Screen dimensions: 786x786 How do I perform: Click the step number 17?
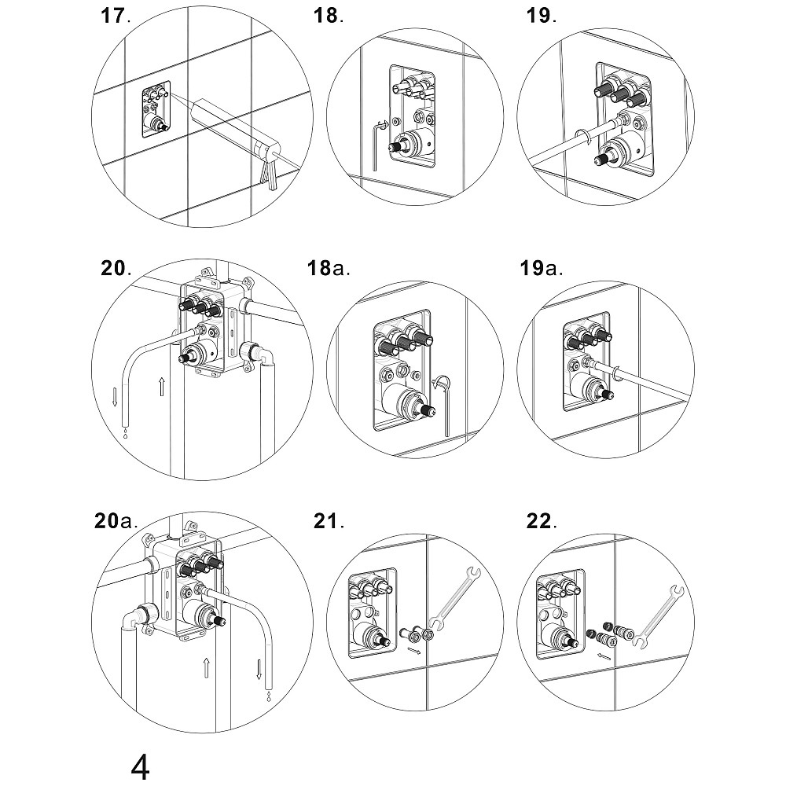pos(113,17)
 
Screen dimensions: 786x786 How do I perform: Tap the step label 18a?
pos(329,269)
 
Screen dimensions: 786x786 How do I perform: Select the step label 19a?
pos(541,269)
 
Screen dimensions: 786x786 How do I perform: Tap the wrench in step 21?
pos(453,601)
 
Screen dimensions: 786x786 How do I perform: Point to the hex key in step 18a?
pos(446,405)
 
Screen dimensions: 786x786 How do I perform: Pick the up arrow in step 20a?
pos(205,669)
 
